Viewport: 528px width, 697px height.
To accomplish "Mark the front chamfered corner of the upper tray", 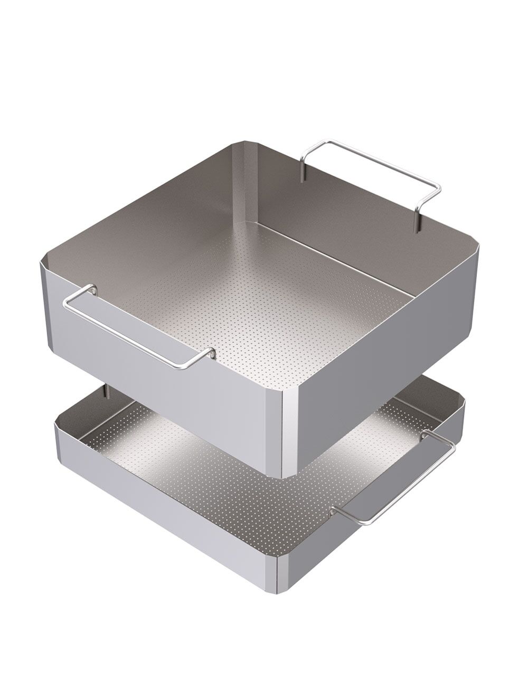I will [290, 433].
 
